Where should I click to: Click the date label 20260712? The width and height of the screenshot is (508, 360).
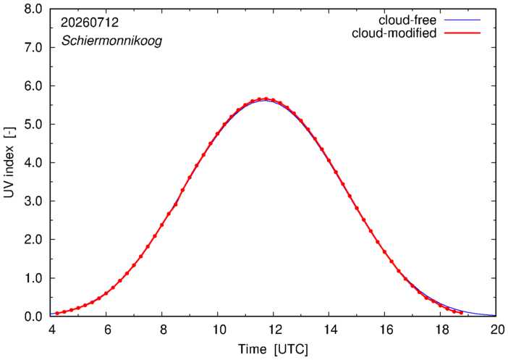pyautogui.click(x=90, y=22)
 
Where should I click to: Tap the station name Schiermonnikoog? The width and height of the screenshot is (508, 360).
pyautogui.click(x=111, y=41)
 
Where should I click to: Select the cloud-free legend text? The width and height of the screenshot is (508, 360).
pyautogui.click(x=407, y=20)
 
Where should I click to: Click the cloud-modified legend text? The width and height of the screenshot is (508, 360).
pyautogui.click(x=394, y=33)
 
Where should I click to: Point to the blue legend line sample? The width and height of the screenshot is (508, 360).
pyautogui.click(x=462, y=20)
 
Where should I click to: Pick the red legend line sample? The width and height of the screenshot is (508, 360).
pyautogui.click(x=462, y=33)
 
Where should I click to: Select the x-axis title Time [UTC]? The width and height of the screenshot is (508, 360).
pyautogui.click(x=273, y=349)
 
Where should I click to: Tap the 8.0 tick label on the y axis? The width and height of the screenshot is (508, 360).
pyautogui.click(x=33, y=9)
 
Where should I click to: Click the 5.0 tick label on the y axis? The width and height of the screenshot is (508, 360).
pyautogui.click(x=33, y=124)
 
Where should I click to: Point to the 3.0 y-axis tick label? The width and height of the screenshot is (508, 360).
pyautogui.click(x=33, y=201)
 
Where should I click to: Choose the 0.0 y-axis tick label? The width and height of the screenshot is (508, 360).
pyautogui.click(x=33, y=317)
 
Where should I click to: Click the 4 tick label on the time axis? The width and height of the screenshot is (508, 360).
pyautogui.click(x=51, y=330)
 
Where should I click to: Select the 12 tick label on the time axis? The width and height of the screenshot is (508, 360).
pyautogui.click(x=273, y=330)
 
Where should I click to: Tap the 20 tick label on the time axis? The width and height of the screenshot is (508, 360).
pyautogui.click(x=496, y=330)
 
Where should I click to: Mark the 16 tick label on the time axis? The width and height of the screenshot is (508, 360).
pyautogui.click(x=384, y=330)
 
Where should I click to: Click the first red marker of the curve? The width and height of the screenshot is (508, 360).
pyautogui.click(x=57, y=314)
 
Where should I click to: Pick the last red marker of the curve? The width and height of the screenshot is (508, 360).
pyautogui.click(x=461, y=313)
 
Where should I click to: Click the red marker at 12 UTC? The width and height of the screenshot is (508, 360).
pyautogui.click(x=273, y=100)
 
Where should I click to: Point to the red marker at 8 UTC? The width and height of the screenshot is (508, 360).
pyautogui.click(x=161, y=225)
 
